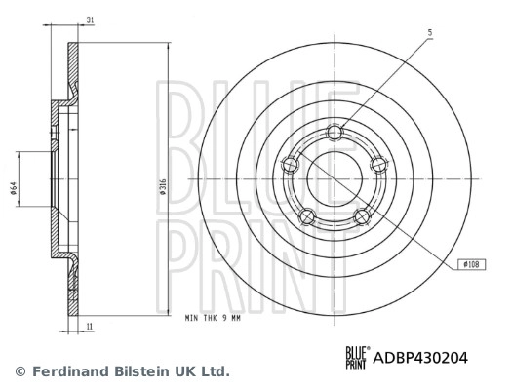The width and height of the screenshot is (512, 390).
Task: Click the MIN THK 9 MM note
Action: pyautogui.click(x=213, y=318)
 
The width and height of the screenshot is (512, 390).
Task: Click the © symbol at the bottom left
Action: pyautogui.click(x=19, y=371)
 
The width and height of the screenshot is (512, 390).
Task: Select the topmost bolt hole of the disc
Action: pyautogui.click(x=336, y=133)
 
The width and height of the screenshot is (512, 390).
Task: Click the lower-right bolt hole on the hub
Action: pyautogui.click(x=363, y=215)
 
